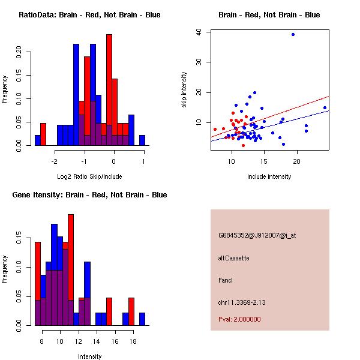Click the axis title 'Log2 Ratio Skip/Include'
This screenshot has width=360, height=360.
click(89, 176)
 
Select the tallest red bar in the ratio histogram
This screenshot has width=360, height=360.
click(109, 89)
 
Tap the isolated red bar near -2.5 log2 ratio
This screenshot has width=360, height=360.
click(43, 134)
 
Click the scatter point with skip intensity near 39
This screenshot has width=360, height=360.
click(293, 35)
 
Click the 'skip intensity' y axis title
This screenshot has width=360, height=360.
click(185, 90)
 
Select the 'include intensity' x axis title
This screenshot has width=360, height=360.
click(269, 176)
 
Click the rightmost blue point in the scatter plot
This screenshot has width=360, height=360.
click(325, 108)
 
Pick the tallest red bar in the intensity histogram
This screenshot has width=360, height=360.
click(71, 269)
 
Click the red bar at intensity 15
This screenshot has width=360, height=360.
click(109, 311)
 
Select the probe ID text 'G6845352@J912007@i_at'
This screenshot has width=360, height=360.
click(257, 235)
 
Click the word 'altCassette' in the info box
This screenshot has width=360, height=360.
click(234, 258)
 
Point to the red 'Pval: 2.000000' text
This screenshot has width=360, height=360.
click(239, 319)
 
